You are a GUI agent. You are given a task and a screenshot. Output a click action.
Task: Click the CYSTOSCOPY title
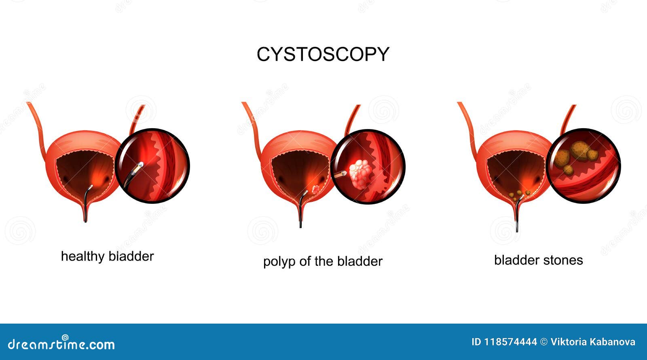pyautogui.click(x=323, y=54)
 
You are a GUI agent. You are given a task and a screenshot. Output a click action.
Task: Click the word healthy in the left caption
pyautogui.click(x=82, y=256)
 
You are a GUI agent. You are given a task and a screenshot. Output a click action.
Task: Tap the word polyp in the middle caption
pyautogui.click(x=279, y=262)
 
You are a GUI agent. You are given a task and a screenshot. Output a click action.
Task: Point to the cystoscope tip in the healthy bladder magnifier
pyautogui.click(x=140, y=165)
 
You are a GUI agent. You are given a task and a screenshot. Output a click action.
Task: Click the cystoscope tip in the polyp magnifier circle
pyautogui.click(x=344, y=174)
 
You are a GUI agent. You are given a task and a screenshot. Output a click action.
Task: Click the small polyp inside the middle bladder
pyautogui.click(x=316, y=189)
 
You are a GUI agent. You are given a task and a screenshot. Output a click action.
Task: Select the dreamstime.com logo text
pyautogui.click(x=61, y=343)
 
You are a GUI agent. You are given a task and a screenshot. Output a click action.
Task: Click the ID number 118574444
pyautogui.click(x=510, y=342)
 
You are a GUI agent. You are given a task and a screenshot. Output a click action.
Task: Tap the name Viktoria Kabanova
pyautogui.click(x=593, y=342)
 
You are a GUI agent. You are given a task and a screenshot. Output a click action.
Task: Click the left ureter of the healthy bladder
pyautogui.click(x=37, y=130)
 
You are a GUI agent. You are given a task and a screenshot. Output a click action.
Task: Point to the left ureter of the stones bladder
pyautogui.click(x=467, y=130)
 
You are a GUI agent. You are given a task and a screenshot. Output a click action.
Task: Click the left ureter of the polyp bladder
pyautogui.click(x=252, y=130)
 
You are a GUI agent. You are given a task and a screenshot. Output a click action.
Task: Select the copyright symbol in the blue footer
pyautogui.click(x=544, y=342)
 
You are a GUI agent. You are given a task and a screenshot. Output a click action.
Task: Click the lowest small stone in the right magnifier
pyautogui.click(x=569, y=170)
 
